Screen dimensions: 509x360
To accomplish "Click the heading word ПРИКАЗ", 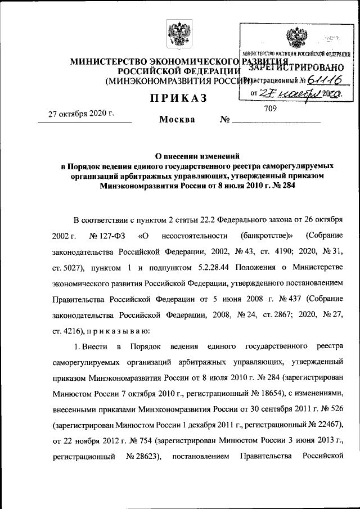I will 178,99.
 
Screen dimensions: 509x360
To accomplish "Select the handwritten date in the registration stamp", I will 299,96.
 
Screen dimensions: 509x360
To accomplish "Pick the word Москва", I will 177,120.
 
